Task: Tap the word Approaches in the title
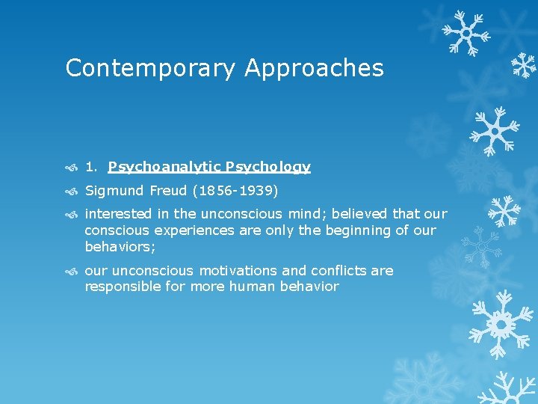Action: [x=314, y=68]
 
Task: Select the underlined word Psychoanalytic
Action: [x=164, y=167]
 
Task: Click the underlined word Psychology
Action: [x=268, y=167]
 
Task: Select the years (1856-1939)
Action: [x=235, y=191]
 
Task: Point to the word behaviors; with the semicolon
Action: [x=120, y=246]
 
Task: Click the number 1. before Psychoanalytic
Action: [x=92, y=167]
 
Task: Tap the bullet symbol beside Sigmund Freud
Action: [x=71, y=192]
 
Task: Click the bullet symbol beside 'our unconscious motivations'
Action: [x=71, y=271]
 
